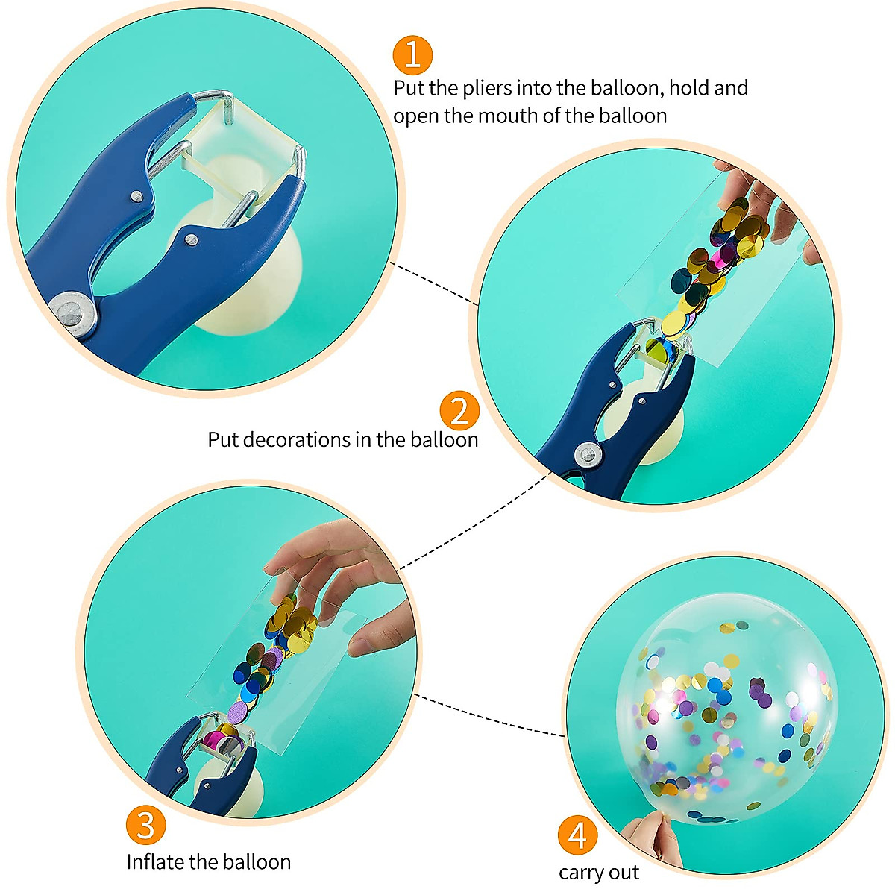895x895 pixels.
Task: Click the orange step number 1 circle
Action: pyautogui.click(x=412, y=55)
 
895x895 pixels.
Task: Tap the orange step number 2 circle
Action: pyautogui.click(x=459, y=411)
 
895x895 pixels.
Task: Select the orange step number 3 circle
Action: pyautogui.click(x=145, y=824)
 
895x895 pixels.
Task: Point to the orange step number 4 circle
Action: pyautogui.click(x=578, y=836)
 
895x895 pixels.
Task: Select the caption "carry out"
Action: pyautogui.click(x=598, y=873)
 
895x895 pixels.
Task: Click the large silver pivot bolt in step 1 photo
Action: pyautogui.click(x=73, y=313)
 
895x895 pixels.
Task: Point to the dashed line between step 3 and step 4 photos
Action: pyautogui.click(x=489, y=716)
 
